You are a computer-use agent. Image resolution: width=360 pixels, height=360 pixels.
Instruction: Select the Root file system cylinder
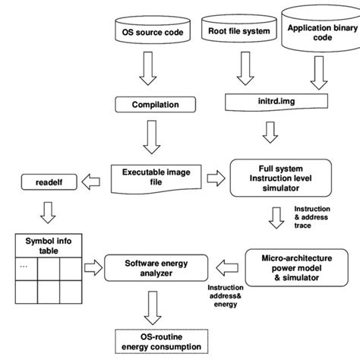(238, 31)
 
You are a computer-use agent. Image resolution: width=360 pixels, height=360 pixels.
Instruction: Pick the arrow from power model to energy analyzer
(227, 265)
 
